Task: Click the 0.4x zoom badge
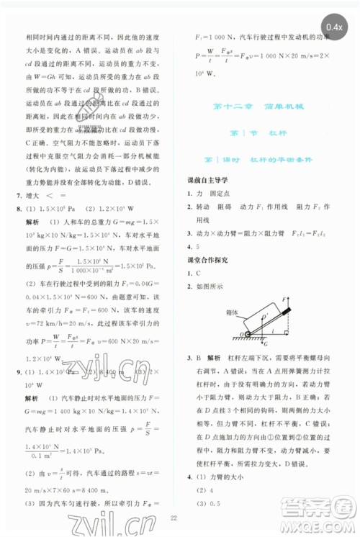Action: pos(333,27)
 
